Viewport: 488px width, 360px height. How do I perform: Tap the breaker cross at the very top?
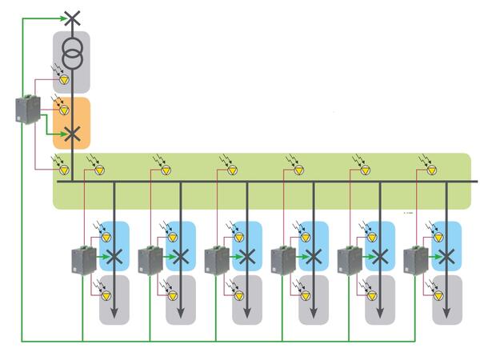pyautogui.click(x=72, y=17)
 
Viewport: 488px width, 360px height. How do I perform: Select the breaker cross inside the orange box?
pyautogui.click(x=72, y=134)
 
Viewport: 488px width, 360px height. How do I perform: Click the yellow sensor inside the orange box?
pyautogui.click(x=65, y=110)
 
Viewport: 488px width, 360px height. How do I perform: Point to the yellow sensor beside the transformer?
pyautogui.click(x=65, y=79)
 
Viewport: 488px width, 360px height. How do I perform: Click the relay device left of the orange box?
pyautogui.click(x=28, y=110)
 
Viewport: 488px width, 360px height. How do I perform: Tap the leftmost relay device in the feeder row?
pyautogui.click(x=83, y=260)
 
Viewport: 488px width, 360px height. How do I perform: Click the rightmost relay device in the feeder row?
pyautogui.click(x=416, y=260)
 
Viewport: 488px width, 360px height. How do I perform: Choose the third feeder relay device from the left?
pyautogui.click(x=216, y=260)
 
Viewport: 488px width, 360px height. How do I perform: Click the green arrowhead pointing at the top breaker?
pyautogui.click(x=61, y=17)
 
